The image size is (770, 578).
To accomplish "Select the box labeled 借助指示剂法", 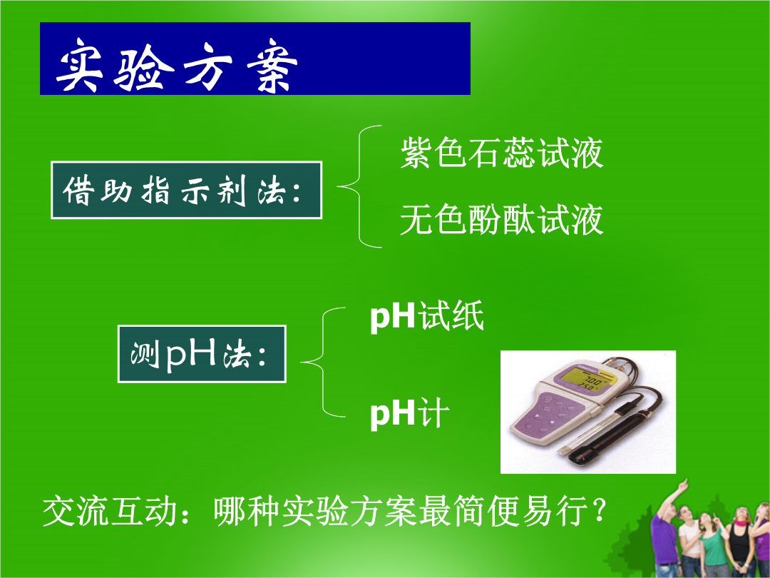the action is (187, 190).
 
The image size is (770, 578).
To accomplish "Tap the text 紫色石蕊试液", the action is (501, 153).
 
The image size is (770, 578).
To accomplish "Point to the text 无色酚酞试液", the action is (501, 219).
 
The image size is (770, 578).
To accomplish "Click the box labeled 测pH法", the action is (202, 354).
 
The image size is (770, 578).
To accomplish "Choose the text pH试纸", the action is (427, 315).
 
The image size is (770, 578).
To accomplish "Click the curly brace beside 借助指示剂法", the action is (359, 187).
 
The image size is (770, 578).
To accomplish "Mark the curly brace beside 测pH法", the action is (322, 362).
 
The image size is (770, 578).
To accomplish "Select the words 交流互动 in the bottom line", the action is (110, 511).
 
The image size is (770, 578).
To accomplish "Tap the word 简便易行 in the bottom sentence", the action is (521, 511).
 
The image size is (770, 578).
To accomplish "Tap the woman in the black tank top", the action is (740, 543).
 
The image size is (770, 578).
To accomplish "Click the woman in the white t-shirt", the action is (689, 542).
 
